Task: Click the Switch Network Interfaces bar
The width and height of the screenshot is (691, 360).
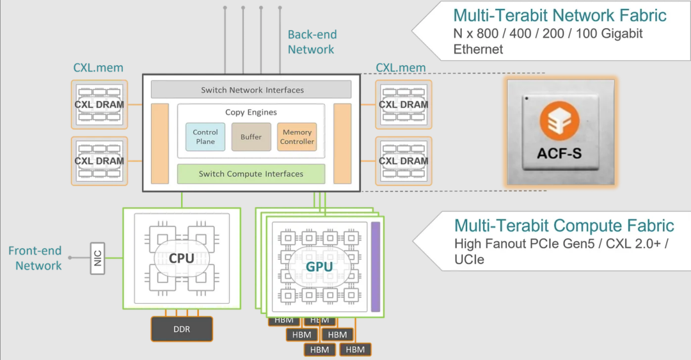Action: pyautogui.click(x=251, y=90)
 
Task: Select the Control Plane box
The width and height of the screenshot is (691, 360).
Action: pyautogui.click(x=205, y=137)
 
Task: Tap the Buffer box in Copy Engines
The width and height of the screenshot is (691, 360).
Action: pyautogui.click(x=251, y=137)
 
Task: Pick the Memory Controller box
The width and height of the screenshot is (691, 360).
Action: pyautogui.click(x=297, y=137)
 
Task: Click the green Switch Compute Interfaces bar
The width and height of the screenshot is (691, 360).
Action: pyautogui.click(x=251, y=174)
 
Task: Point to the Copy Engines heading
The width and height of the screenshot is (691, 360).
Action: pyautogui.click(x=251, y=113)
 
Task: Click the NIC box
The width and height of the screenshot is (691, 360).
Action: pyautogui.click(x=97, y=258)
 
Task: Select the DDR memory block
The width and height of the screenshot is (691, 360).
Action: pyautogui.click(x=182, y=329)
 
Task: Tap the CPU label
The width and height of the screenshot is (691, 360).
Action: pyautogui.click(x=182, y=259)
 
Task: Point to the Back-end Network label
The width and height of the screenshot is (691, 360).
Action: pyautogui.click(x=312, y=42)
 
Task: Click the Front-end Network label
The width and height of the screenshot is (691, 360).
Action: pyautogui.click(x=36, y=258)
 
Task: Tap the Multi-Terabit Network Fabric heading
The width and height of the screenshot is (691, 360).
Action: pyautogui.click(x=560, y=15)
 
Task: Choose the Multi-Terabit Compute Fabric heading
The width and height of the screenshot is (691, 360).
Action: pyautogui.click(x=564, y=226)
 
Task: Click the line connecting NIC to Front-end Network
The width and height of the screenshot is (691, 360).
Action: pyautogui.click(x=79, y=258)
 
